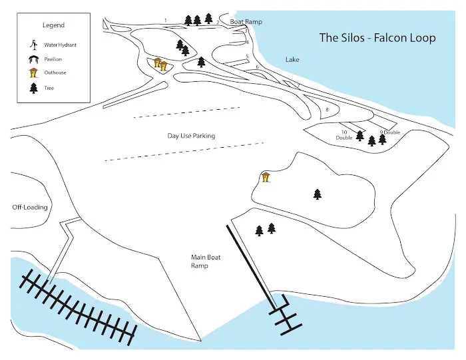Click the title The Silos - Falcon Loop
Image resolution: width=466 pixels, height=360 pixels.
point(377,38)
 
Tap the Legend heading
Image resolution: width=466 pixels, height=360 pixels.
point(53,25)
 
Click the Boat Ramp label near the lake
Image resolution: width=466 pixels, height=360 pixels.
point(246,22)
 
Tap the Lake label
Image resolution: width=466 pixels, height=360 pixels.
point(292,60)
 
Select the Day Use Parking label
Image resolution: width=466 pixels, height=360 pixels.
point(191,136)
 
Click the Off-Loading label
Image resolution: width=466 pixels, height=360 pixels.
point(30,207)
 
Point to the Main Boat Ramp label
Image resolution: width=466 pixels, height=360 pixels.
point(200,260)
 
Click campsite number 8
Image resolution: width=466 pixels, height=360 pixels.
point(327,109)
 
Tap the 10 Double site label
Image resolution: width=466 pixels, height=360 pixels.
point(344,135)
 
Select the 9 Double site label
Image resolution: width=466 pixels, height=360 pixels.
point(389,132)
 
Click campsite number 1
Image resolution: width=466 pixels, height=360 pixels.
point(165,21)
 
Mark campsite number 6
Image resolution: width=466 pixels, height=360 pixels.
point(257,67)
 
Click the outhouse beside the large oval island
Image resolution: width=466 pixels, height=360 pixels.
point(266,177)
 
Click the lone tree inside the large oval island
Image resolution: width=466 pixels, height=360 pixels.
point(318,194)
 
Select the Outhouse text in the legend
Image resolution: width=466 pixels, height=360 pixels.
point(55,73)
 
